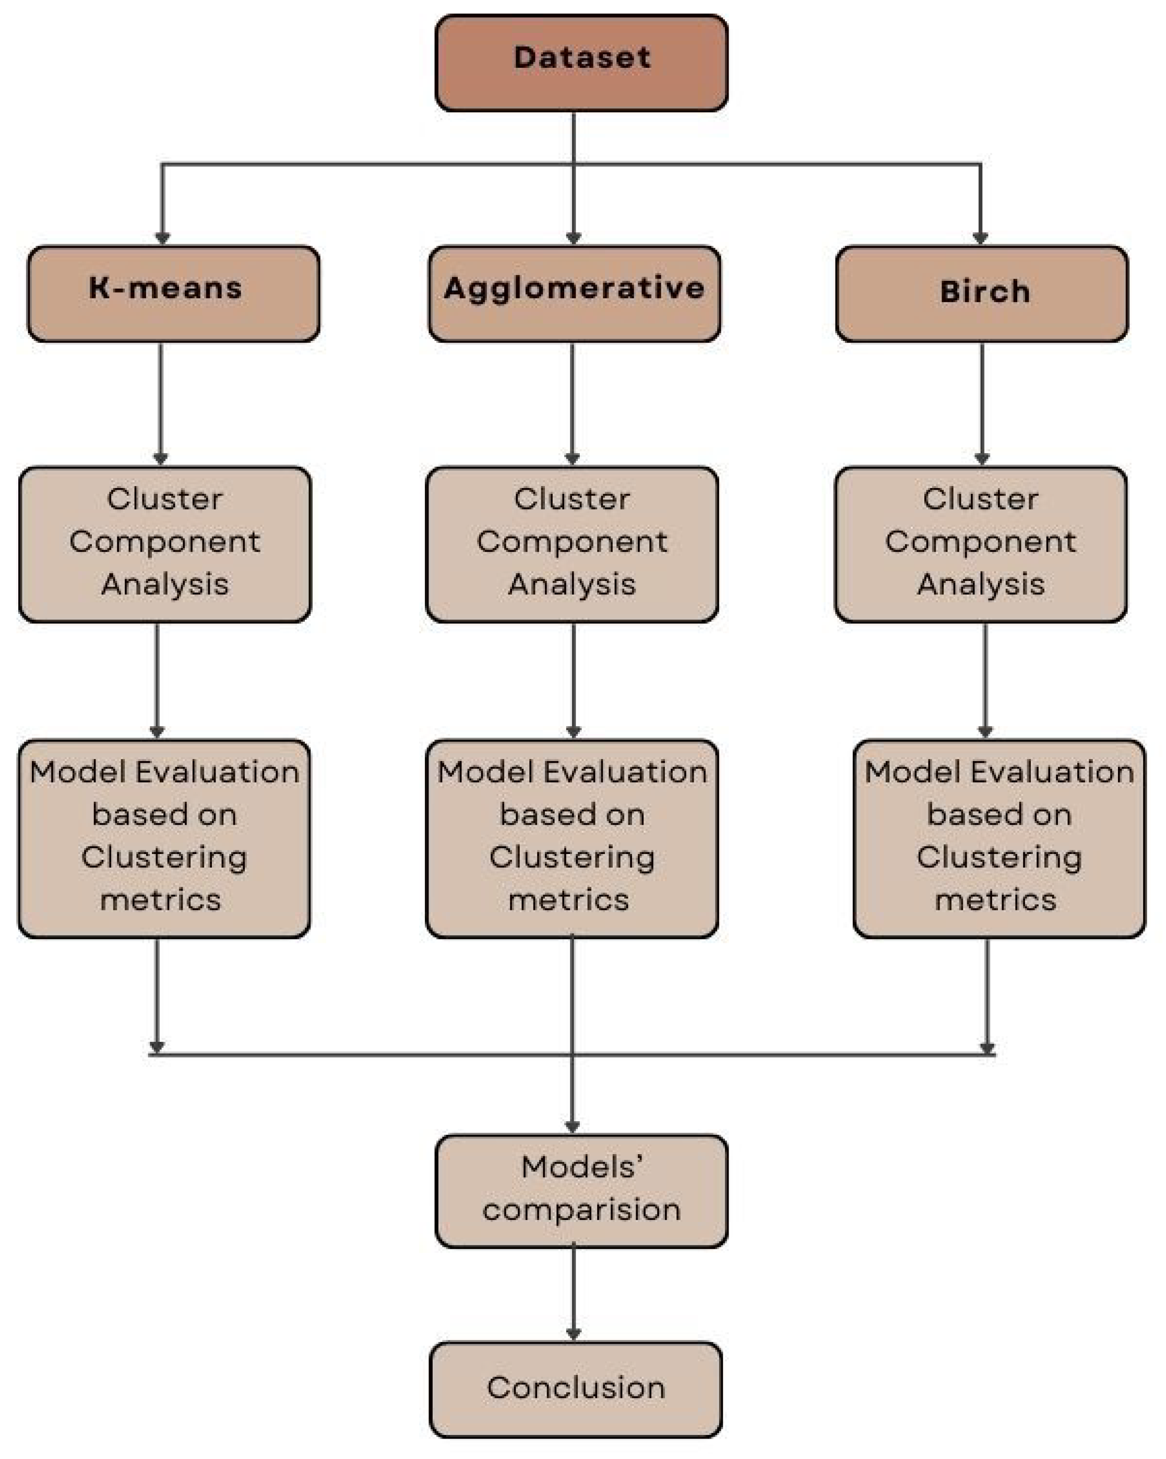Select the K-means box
click(173, 293)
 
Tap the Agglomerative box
click(574, 293)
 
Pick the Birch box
click(981, 293)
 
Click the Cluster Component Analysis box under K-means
click(164, 543)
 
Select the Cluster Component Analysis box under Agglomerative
click(572, 543)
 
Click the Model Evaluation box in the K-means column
click(164, 838)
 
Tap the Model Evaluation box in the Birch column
click(999, 838)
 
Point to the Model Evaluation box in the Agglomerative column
click(572, 838)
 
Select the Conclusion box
click(575, 1389)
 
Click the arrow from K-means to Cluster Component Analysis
click(160, 402)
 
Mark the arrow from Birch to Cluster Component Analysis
click(982, 402)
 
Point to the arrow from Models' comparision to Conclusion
click(574, 1292)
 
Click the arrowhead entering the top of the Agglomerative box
click(573, 238)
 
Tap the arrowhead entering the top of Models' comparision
click(573, 1126)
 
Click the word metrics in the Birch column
click(995, 900)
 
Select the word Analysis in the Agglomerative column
click(572, 584)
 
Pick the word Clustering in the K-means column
click(164, 858)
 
